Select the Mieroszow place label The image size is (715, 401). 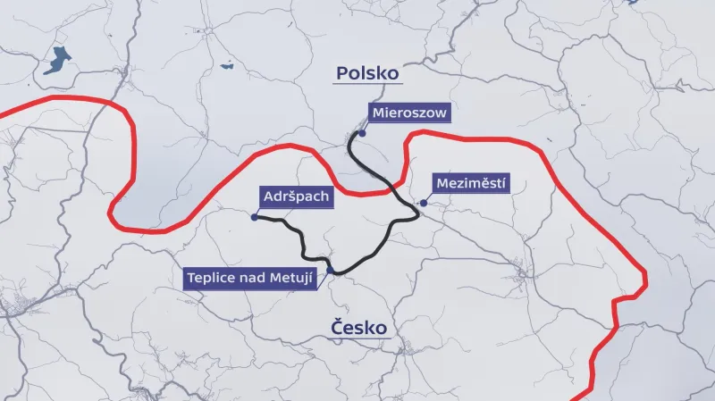click(x=408, y=113)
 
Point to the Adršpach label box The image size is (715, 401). click(x=298, y=196)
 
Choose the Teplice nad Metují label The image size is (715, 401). click(x=254, y=278)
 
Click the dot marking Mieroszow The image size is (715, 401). click(x=363, y=132)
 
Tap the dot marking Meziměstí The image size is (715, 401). click(x=424, y=203)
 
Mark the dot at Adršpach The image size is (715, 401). click(x=256, y=217)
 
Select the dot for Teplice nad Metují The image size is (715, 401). click(x=331, y=271)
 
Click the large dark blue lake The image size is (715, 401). click(x=56, y=62)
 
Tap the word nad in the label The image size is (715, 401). click(x=254, y=278)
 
